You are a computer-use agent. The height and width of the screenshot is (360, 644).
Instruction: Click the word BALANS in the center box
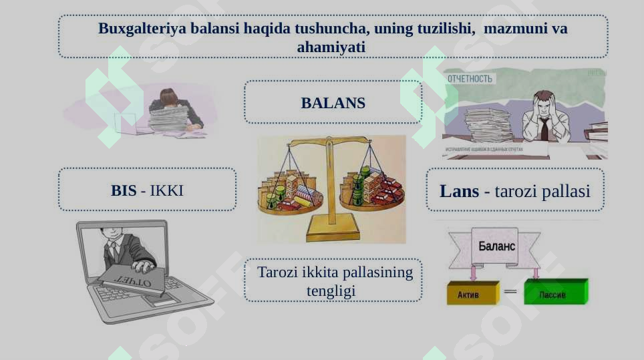tap(333, 103)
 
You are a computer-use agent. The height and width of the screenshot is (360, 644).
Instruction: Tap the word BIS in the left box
tap(124, 190)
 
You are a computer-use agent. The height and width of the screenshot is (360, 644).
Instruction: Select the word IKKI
tap(166, 190)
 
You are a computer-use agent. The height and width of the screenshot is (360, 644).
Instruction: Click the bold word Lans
tap(459, 191)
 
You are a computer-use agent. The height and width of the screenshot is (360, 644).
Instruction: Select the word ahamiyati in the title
tap(331, 47)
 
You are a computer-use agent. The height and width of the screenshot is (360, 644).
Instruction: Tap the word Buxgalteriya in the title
tap(142, 29)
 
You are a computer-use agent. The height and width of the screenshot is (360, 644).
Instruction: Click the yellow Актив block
tap(471, 293)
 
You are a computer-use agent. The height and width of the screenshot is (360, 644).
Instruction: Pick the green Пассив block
tap(554, 293)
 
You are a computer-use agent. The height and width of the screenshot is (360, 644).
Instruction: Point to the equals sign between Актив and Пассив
tap(510, 292)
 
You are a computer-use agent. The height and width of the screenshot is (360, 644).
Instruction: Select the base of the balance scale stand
tap(331, 232)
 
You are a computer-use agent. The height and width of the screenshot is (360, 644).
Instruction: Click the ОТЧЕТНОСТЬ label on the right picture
tap(470, 79)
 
